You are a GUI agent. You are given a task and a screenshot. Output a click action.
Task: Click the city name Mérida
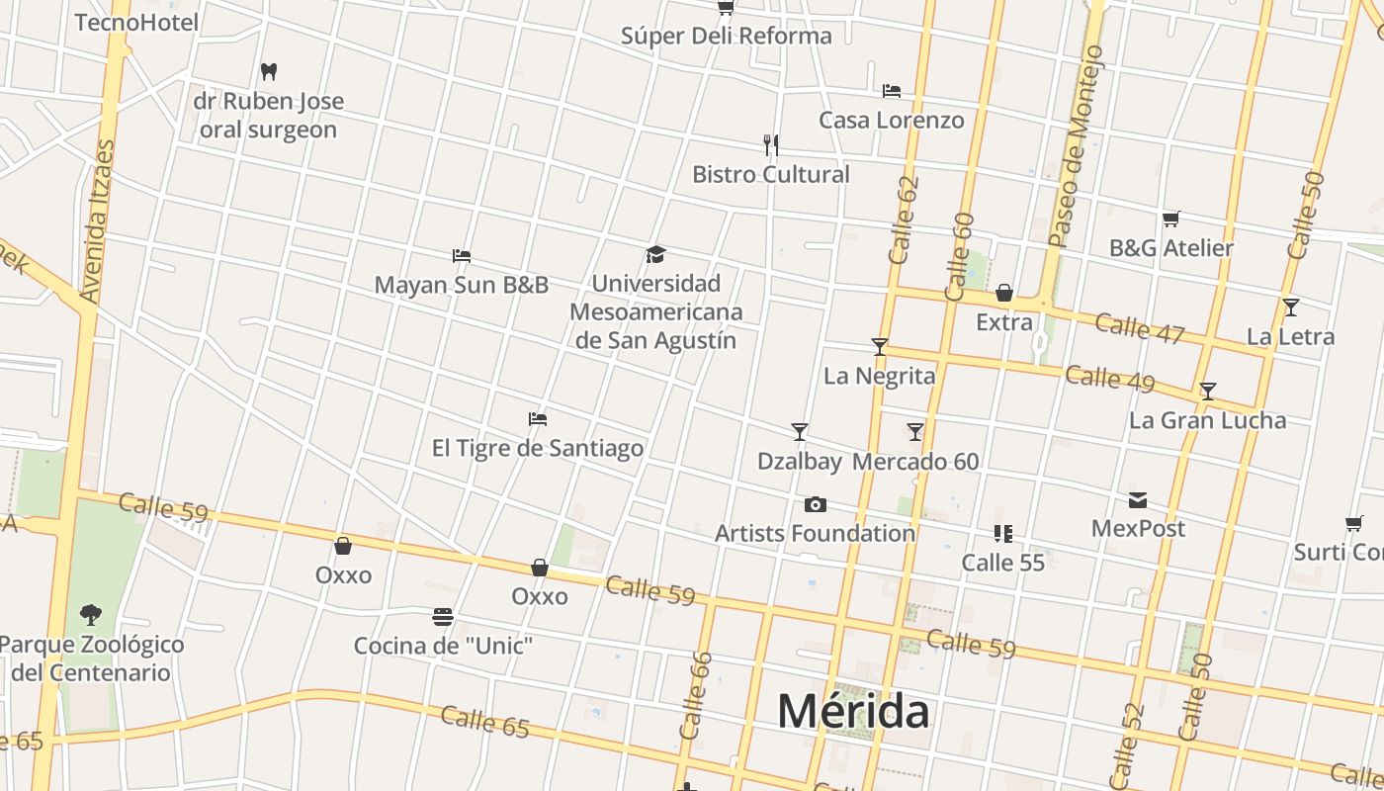click(x=852, y=711)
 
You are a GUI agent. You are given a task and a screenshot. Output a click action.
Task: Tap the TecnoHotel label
click(x=136, y=22)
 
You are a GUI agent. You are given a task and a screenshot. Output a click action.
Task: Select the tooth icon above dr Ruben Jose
click(x=268, y=71)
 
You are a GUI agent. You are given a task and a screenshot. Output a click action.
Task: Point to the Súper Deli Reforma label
click(x=726, y=36)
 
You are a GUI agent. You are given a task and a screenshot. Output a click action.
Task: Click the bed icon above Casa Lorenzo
click(x=891, y=91)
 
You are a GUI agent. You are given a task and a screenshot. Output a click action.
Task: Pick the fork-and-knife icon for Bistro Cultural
click(x=771, y=145)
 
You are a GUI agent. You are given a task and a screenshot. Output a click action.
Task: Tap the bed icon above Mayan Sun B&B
click(x=461, y=256)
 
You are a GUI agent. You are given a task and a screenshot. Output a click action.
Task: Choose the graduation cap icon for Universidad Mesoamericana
click(x=655, y=255)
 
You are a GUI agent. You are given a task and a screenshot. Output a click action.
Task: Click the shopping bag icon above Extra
click(x=1003, y=293)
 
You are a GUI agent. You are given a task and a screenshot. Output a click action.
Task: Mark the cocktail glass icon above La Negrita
click(x=879, y=347)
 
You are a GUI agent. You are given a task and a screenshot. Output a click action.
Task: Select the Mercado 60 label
click(x=915, y=462)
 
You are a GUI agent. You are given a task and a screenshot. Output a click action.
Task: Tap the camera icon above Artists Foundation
click(x=815, y=505)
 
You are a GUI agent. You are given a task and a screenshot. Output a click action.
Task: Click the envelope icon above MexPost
click(x=1138, y=500)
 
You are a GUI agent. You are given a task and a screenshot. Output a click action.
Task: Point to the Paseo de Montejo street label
click(x=1075, y=146)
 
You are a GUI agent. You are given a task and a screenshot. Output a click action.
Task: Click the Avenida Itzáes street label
click(x=96, y=220)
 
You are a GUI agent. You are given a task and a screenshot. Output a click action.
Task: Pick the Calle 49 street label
click(x=1109, y=378)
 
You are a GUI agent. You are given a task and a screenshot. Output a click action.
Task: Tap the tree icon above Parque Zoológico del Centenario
click(x=90, y=615)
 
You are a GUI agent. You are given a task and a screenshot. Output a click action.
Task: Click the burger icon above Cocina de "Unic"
click(x=443, y=617)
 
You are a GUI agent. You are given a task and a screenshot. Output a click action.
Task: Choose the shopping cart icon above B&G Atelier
click(x=1170, y=219)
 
